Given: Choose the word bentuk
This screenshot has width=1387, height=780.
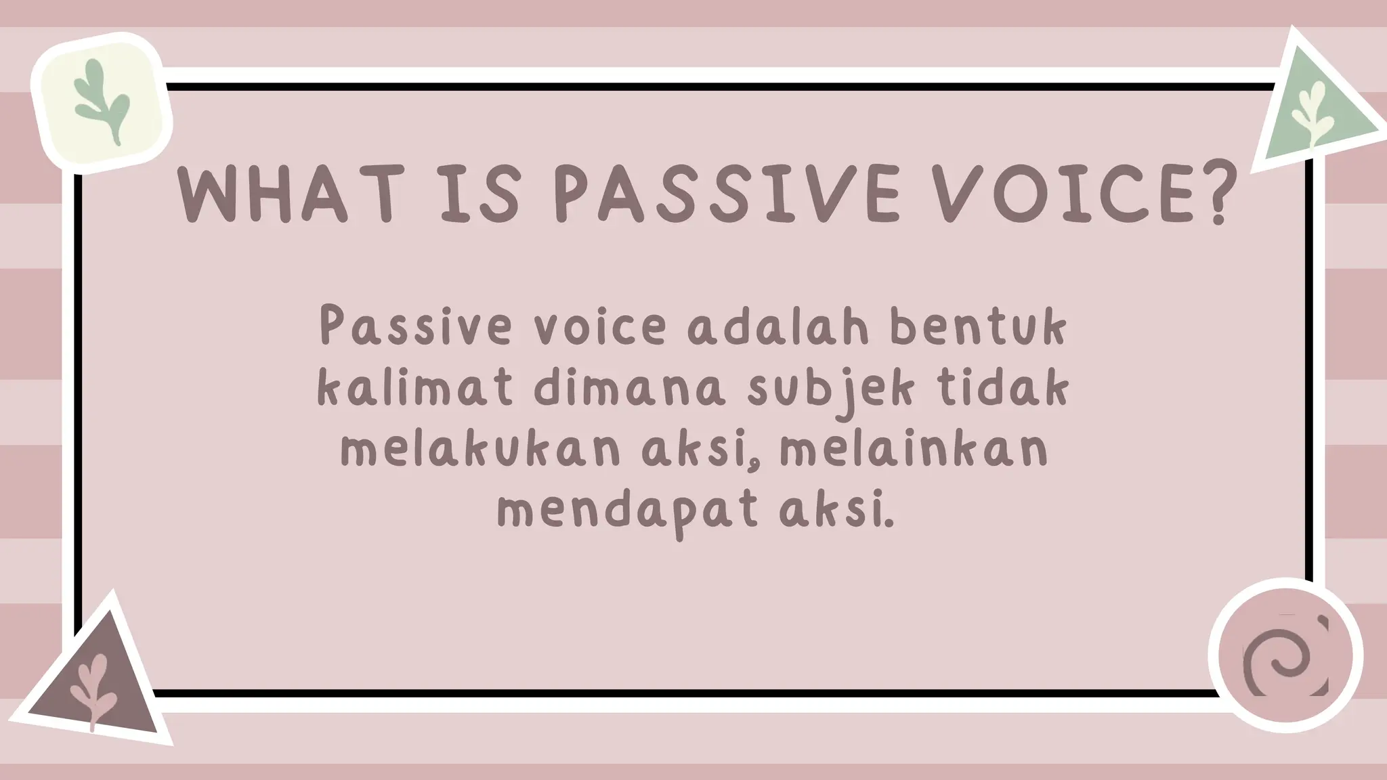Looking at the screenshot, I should (979, 327).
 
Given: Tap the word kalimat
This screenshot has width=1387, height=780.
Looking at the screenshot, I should (414, 389).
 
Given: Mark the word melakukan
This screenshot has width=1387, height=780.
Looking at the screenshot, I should (480, 450).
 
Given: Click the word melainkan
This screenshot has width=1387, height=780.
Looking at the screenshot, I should (914, 450).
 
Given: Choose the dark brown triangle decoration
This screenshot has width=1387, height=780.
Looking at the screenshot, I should (95, 684).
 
